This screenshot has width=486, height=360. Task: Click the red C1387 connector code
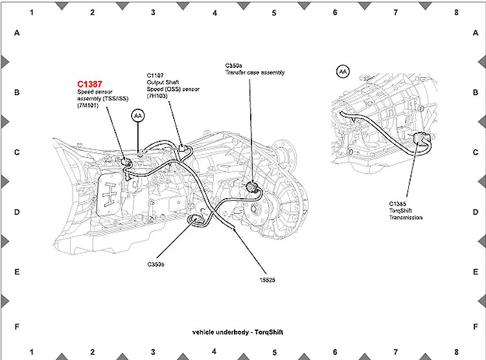click(x=91, y=84)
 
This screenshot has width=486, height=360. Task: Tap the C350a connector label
click(x=234, y=65)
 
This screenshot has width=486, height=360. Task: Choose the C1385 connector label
click(x=398, y=203)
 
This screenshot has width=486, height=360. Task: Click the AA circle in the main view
click(x=138, y=115)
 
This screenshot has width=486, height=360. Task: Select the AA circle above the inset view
click(x=343, y=71)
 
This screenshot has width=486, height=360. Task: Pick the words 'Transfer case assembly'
click(x=255, y=73)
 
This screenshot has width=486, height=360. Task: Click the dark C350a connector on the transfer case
click(x=252, y=188)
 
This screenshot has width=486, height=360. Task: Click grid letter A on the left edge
click(x=17, y=33)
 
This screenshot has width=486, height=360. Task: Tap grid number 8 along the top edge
click(x=456, y=12)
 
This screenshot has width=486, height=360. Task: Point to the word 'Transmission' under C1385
click(x=406, y=218)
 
